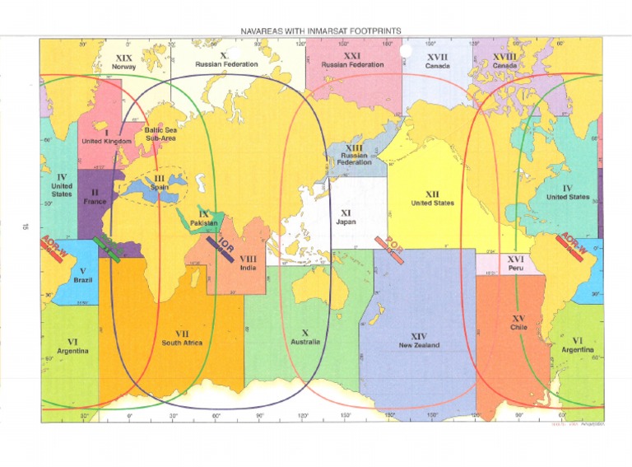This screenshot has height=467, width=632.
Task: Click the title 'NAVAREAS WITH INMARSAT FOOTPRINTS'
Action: [x=321, y=30]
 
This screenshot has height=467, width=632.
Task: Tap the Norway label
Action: [x=124, y=68]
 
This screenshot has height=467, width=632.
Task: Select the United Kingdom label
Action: [x=106, y=141]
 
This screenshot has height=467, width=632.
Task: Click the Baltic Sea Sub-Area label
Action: [x=161, y=134]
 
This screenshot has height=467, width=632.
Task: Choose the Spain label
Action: [x=160, y=187]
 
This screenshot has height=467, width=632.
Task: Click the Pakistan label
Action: [x=203, y=223]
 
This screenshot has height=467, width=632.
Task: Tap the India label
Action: [x=249, y=269]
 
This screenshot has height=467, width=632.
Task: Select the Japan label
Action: [x=346, y=222]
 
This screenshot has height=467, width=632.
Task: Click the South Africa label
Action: [x=183, y=343]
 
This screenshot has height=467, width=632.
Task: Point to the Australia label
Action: [x=305, y=341]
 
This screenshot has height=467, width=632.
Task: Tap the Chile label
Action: [x=518, y=327]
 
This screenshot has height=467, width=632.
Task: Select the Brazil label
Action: [x=82, y=280]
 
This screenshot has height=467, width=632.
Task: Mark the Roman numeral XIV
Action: [x=419, y=336]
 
